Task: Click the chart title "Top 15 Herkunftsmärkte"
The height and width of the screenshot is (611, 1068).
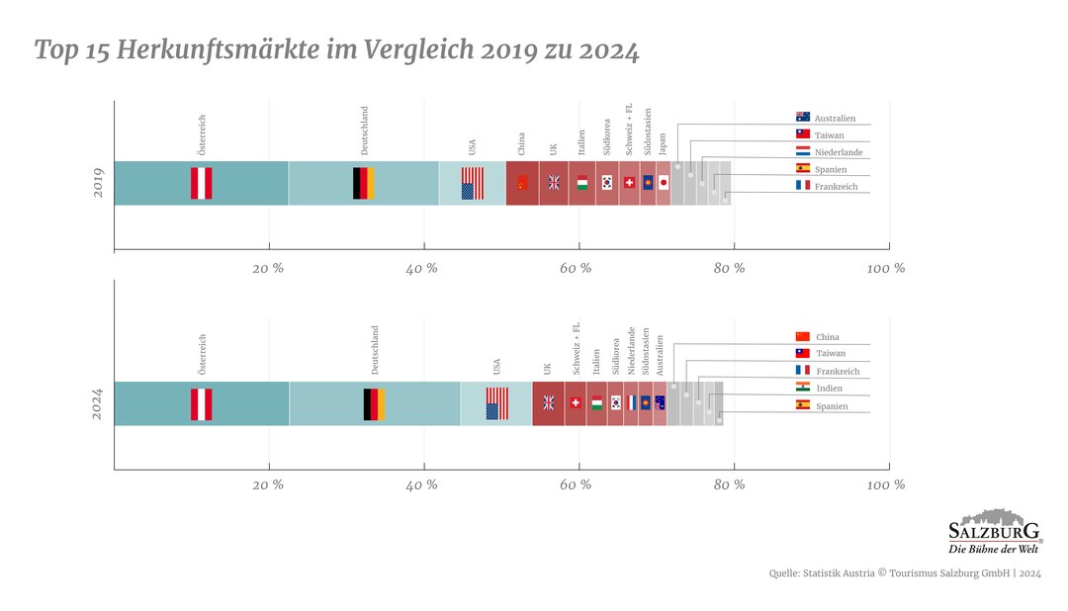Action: point(336,50)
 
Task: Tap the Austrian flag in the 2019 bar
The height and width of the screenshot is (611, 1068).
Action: point(201,183)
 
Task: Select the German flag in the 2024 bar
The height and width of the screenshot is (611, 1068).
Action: point(375,403)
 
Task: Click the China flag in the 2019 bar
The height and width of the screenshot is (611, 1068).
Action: point(522,183)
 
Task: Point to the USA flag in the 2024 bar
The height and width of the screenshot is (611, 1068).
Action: point(496,403)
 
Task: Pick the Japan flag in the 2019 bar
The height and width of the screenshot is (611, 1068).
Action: point(664,183)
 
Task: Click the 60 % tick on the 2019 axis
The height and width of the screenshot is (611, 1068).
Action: point(576,268)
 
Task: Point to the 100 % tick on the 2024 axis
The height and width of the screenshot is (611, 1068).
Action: point(886,484)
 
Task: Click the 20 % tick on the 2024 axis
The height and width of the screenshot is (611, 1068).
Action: point(268,484)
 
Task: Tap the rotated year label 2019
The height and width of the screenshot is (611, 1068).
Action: point(98,183)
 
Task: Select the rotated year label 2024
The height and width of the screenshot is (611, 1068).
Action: point(98,403)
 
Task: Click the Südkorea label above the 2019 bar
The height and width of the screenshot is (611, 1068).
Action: point(607,138)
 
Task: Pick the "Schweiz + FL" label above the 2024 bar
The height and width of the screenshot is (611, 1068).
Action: point(577,349)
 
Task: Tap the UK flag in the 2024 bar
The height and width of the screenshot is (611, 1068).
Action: point(549,403)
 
